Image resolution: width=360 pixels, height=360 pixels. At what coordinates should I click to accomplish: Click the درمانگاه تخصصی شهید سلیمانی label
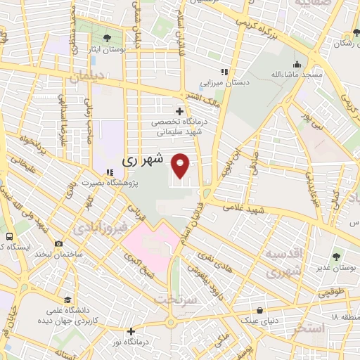click(179, 125)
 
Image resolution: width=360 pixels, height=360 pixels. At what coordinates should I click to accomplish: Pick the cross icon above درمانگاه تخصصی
click(180, 111)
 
